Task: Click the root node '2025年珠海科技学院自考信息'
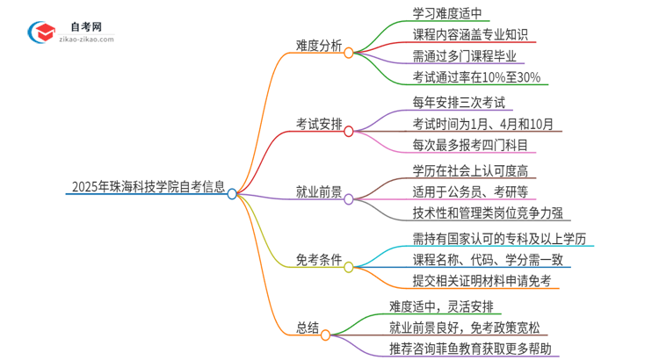[x=145, y=187]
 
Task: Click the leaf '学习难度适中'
[x=452, y=13]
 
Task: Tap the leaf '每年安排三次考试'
[x=462, y=102]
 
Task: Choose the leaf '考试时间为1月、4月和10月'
[x=482, y=123]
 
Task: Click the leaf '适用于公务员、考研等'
[x=469, y=191]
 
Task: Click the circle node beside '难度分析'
[x=349, y=53]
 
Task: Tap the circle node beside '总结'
[x=325, y=335]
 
